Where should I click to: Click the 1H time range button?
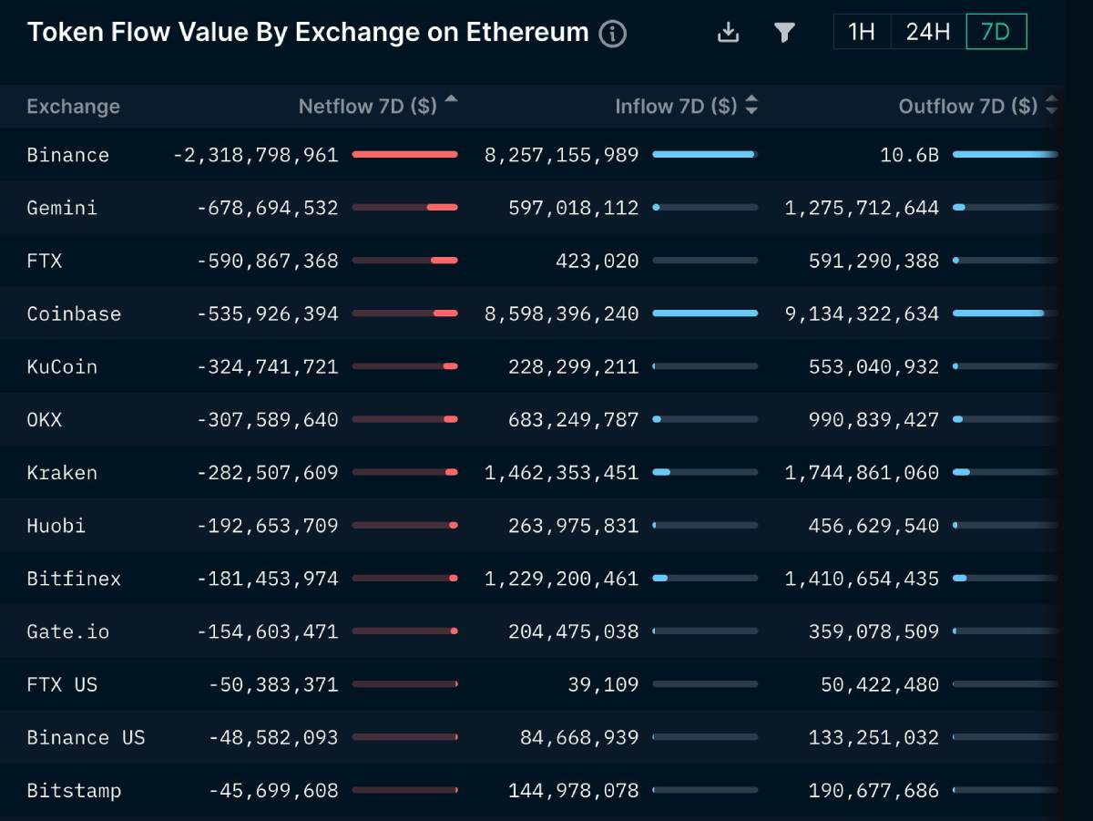click(x=861, y=32)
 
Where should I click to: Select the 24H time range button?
click(x=927, y=32)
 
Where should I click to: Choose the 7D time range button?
click(x=996, y=32)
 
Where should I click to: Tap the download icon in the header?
click(x=728, y=33)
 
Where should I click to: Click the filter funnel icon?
click(x=783, y=33)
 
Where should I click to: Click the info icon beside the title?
click(x=613, y=34)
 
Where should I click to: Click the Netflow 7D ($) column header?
click(x=368, y=107)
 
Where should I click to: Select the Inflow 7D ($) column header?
click(x=676, y=107)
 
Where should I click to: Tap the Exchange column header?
click(x=73, y=107)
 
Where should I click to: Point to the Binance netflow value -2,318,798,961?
click(x=255, y=155)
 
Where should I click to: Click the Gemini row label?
click(x=62, y=208)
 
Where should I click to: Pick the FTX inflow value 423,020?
click(x=597, y=261)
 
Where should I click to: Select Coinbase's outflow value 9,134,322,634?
click(x=862, y=313)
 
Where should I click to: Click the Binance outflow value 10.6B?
click(x=909, y=155)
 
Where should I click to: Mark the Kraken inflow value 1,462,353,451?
click(x=561, y=473)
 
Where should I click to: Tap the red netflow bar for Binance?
click(x=404, y=155)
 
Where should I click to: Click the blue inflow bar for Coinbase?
click(x=705, y=313)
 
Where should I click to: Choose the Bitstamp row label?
click(x=74, y=790)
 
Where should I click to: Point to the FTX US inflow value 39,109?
click(x=603, y=684)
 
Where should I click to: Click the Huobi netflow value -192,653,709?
click(x=267, y=526)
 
